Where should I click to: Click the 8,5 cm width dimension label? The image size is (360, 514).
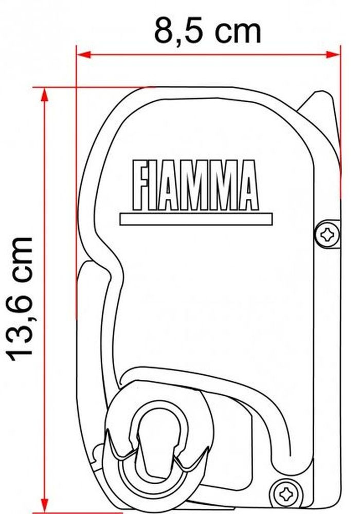click(x=207, y=31)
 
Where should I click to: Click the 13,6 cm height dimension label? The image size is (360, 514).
click(x=21, y=298)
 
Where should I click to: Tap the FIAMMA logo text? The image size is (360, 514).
click(x=195, y=185)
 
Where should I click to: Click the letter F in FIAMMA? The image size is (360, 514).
click(x=140, y=185)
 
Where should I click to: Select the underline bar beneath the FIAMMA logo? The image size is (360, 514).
click(x=196, y=219)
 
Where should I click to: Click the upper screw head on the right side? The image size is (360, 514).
click(x=327, y=234)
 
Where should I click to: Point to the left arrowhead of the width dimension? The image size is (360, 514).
click(x=83, y=55)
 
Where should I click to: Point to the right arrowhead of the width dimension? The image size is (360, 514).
click(x=333, y=55)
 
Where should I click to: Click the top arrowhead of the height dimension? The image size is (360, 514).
click(x=45, y=95)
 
